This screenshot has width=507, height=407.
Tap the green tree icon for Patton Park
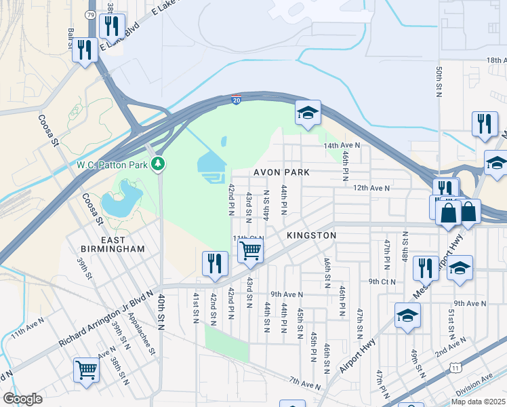[x=158, y=163]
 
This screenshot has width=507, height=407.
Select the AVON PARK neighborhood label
[x=281, y=172]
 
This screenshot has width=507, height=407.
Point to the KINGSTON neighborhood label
[x=311, y=235]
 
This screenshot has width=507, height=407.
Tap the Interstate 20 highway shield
[x=236, y=99]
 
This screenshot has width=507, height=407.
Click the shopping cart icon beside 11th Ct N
[x=251, y=250]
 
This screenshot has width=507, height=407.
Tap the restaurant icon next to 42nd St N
[x=216, y=263]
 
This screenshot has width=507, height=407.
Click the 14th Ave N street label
[x=342, y=145]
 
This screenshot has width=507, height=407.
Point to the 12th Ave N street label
[x=371, y=188]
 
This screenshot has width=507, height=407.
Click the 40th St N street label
[x=162, y=312]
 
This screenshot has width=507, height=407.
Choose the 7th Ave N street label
[x=305, y=385]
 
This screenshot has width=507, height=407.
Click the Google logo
[x=22, y=399]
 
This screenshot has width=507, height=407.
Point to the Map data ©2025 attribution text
[x=478, y=402]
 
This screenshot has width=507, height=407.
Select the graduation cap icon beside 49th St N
[x=407, y=315]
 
